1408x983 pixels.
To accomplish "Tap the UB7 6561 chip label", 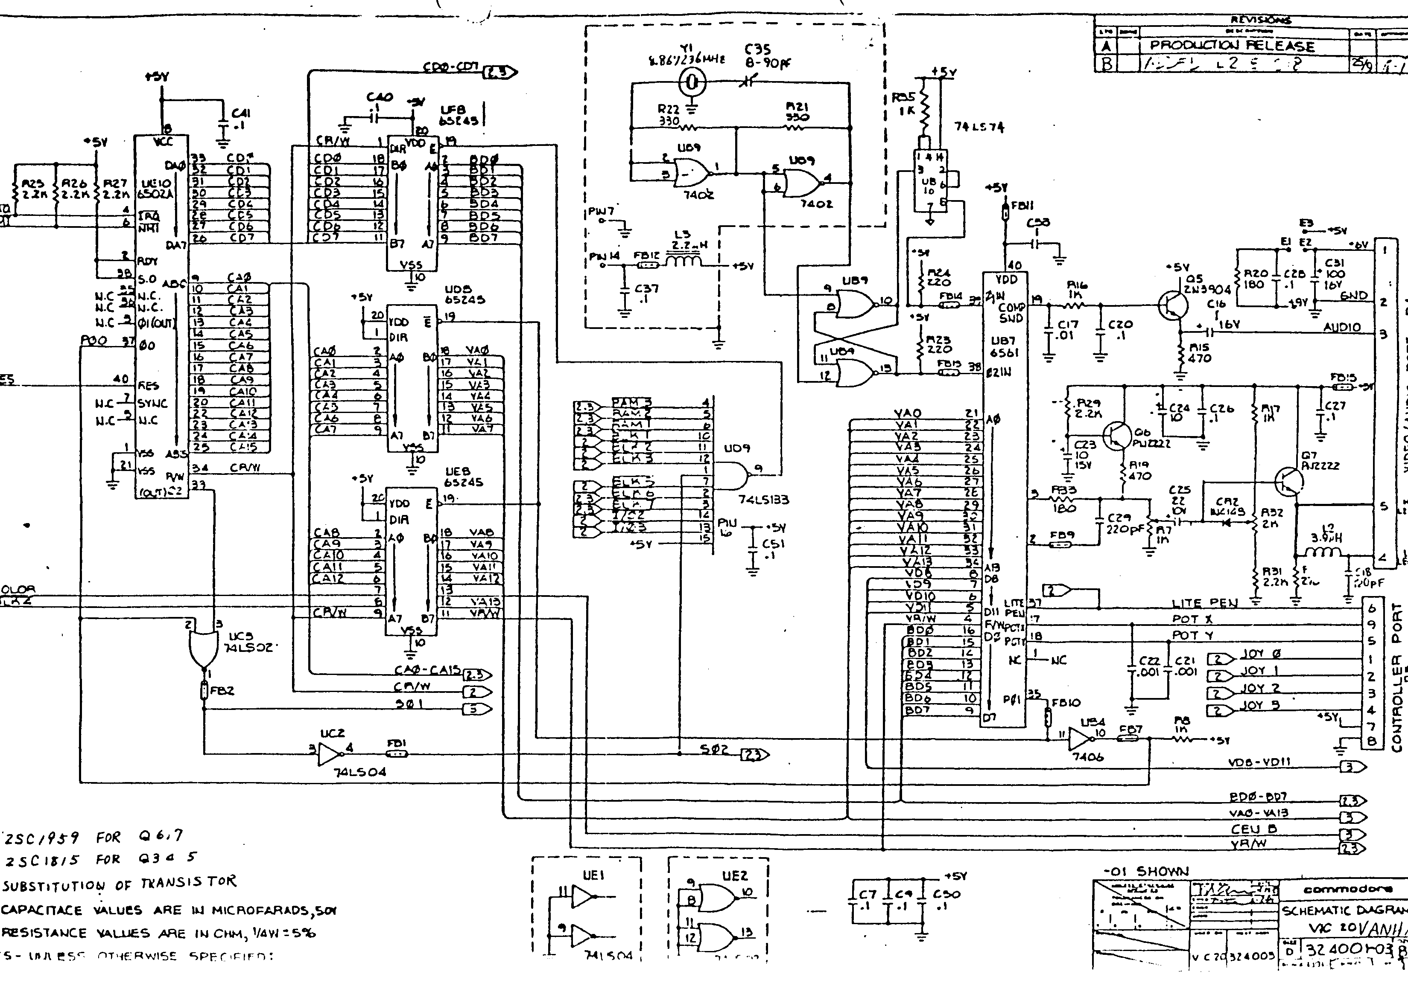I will tap(1003, 347).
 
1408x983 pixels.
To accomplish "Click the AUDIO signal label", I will tap(1342, 327).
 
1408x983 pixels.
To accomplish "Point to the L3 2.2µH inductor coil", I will tap(683, 262).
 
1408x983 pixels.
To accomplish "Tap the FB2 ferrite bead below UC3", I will tap(204, 691).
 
